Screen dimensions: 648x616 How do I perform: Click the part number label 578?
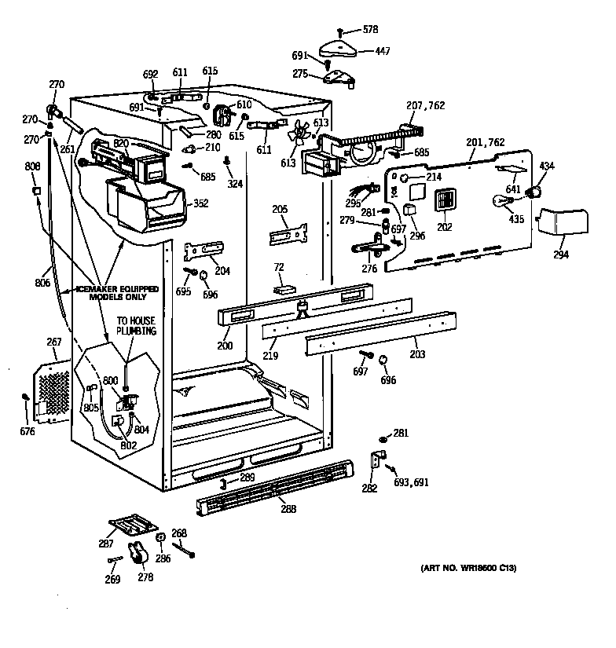point(370,30)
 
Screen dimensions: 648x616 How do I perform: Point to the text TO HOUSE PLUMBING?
point(137,326)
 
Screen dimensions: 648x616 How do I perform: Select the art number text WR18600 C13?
point(468,568)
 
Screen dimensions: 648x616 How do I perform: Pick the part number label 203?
point(416,354)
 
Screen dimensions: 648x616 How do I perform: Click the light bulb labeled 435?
point(499,200)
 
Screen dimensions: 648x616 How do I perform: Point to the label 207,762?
point(426,105)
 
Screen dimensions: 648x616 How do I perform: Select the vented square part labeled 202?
point(445,200)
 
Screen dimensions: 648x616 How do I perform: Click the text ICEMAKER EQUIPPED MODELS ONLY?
point(118,293)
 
